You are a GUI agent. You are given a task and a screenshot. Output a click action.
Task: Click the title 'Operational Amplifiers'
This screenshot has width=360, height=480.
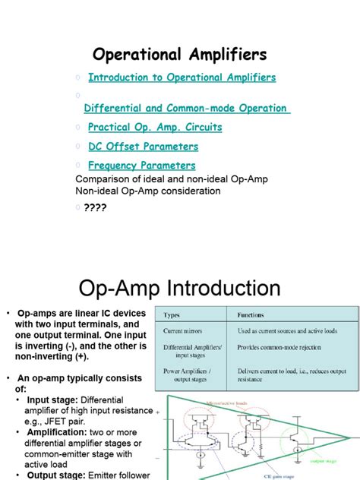(179, 55)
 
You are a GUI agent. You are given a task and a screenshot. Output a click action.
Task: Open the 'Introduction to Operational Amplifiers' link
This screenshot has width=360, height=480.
(182, 77)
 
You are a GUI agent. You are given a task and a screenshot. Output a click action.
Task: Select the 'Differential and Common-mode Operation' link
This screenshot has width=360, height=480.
(186, 109)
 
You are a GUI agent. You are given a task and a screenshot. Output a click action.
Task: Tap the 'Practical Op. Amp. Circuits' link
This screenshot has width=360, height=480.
(155, 128)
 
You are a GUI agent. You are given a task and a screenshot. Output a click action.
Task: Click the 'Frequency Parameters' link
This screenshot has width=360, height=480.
(141, 166)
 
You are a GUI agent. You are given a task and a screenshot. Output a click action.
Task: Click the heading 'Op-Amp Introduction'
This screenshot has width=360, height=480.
(180, 289)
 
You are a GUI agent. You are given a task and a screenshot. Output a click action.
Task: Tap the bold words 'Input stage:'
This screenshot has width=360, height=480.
(52, 399)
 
